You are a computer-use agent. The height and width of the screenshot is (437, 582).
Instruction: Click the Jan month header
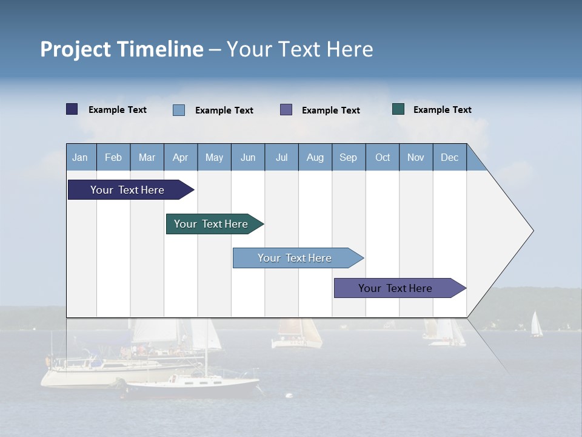click(x=81, y=157)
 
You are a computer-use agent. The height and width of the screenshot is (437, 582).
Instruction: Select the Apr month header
click(x=181, y=157)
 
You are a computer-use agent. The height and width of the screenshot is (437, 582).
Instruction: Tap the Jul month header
click(x=281, y=157)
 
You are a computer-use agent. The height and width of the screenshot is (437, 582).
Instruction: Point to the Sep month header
click(x=349, y=157)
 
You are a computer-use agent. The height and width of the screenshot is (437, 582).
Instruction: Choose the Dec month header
click(x=449, y=157)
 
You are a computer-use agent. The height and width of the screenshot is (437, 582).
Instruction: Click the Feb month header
click(x=113, y=157)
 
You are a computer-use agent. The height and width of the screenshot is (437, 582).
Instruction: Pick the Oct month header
click(x=383, y=157)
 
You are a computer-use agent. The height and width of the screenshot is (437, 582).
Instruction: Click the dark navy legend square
click(x=72, y=109)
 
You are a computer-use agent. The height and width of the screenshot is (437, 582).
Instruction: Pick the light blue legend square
click(x=179, y=110)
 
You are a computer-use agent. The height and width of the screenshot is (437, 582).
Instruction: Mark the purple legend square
click(x=286, y=110)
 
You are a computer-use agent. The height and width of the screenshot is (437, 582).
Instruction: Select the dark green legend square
click(x=398, y=109)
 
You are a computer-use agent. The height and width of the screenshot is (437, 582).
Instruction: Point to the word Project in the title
click(x=76, y=49)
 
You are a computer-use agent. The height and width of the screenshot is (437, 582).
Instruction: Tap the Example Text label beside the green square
click(x=442, y=110)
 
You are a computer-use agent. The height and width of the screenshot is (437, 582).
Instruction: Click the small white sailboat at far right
click(x=536, y=325)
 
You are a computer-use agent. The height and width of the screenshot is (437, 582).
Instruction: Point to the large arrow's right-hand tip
click(x=532, y=231)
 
